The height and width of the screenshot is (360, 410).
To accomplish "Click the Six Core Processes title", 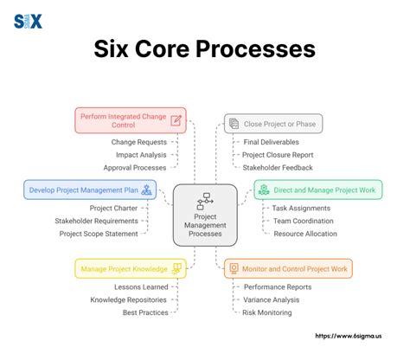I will [x=204, y=48].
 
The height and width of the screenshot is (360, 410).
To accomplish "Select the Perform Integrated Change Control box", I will [x=131, y=119].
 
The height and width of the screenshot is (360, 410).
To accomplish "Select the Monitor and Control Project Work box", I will [x=288, y=268].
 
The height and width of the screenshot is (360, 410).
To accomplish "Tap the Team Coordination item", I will [x=303, y=221].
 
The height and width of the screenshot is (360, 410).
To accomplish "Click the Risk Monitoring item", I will [x=267, y=312].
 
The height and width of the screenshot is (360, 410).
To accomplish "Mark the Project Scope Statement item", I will [x=98, y=234].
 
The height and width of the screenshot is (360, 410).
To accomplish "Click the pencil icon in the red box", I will [x=176, y=119].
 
